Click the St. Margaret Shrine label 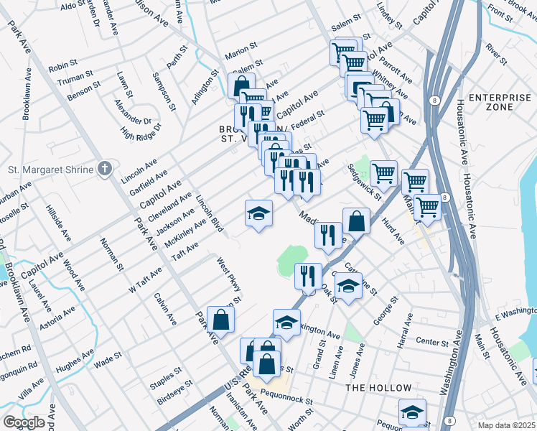(x=51, y=170)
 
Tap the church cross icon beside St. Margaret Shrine (x=105, y=169)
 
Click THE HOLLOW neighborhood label (x=378, y=388)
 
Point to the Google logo (x=24, y=422)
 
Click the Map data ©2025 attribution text (x=506, y=425)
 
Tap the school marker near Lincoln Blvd (x=258, y=213)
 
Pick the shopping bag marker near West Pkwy (x=220, y=320)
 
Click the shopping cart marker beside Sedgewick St (x=384, y=174)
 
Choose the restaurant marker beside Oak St (x=308, y=277)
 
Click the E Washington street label (x=515, y=313)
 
